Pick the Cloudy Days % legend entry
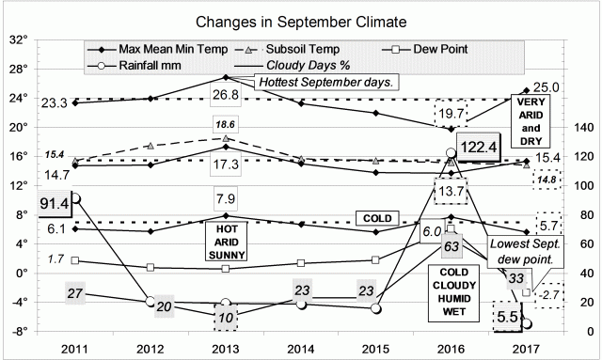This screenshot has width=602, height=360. click(304, 66)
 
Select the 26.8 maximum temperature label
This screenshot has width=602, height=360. click(224, 95)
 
